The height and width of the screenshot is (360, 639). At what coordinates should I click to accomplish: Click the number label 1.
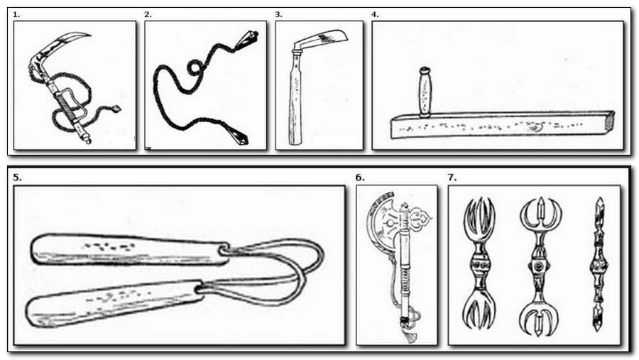pyautogui.click(x=16, y=15)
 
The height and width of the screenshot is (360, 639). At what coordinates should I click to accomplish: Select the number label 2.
pyautogui.click(x=148, y=15)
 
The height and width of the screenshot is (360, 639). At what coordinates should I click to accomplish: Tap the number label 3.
pyautogui.click(x=279, y=15)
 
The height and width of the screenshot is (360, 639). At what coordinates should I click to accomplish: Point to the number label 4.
pyautogui.click(x=375, y=15)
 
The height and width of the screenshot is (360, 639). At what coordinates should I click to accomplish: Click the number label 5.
pyautogui.click(x=17, y=178)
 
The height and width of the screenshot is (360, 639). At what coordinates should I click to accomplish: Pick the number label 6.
pyautogui.click(x=360, y=178)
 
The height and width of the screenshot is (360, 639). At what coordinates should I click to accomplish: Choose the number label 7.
pyautogui.click(x=452, y=178)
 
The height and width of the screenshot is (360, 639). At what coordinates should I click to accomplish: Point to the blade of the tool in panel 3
pyautogui.click(x=321, y=40)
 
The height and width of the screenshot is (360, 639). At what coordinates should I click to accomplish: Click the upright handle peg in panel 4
pyautogui.click(x=425, y=92)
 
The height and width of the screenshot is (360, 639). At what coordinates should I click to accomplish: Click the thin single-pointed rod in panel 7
pyautogui.click(x=599, y=263)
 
